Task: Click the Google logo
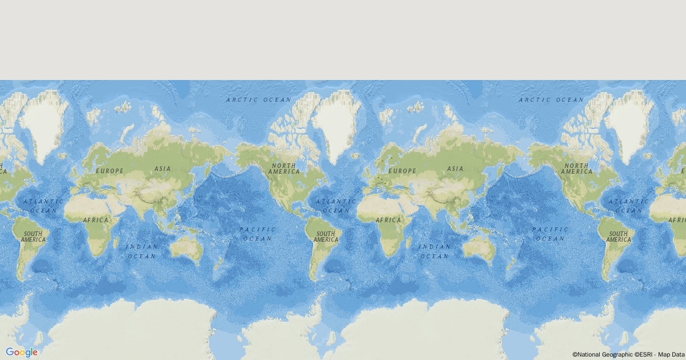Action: click(x=22, y=352)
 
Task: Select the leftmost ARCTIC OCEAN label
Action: click(x=259, y=100)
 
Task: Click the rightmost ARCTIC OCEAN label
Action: click(x=552, y=100)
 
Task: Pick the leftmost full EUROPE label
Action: click(x=109, y=171)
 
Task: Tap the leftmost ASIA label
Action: click(x=162, y=169)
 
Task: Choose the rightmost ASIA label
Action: click(x=455, y=169)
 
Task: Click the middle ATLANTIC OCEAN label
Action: click(x=336, y=206)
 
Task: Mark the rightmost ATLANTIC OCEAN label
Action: click(x=628, y=206)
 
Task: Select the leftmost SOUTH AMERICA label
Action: click(x=33, y=237)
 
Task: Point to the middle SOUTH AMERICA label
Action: click(x=326, y=237)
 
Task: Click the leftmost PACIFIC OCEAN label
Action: click(x=258, y=234)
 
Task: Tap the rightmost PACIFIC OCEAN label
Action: click(x=551, y=234)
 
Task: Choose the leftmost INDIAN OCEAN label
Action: click(x=142, y=251)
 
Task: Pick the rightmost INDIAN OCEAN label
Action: click(x=434, y=251)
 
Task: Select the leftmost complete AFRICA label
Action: click(x=95, y=220)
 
